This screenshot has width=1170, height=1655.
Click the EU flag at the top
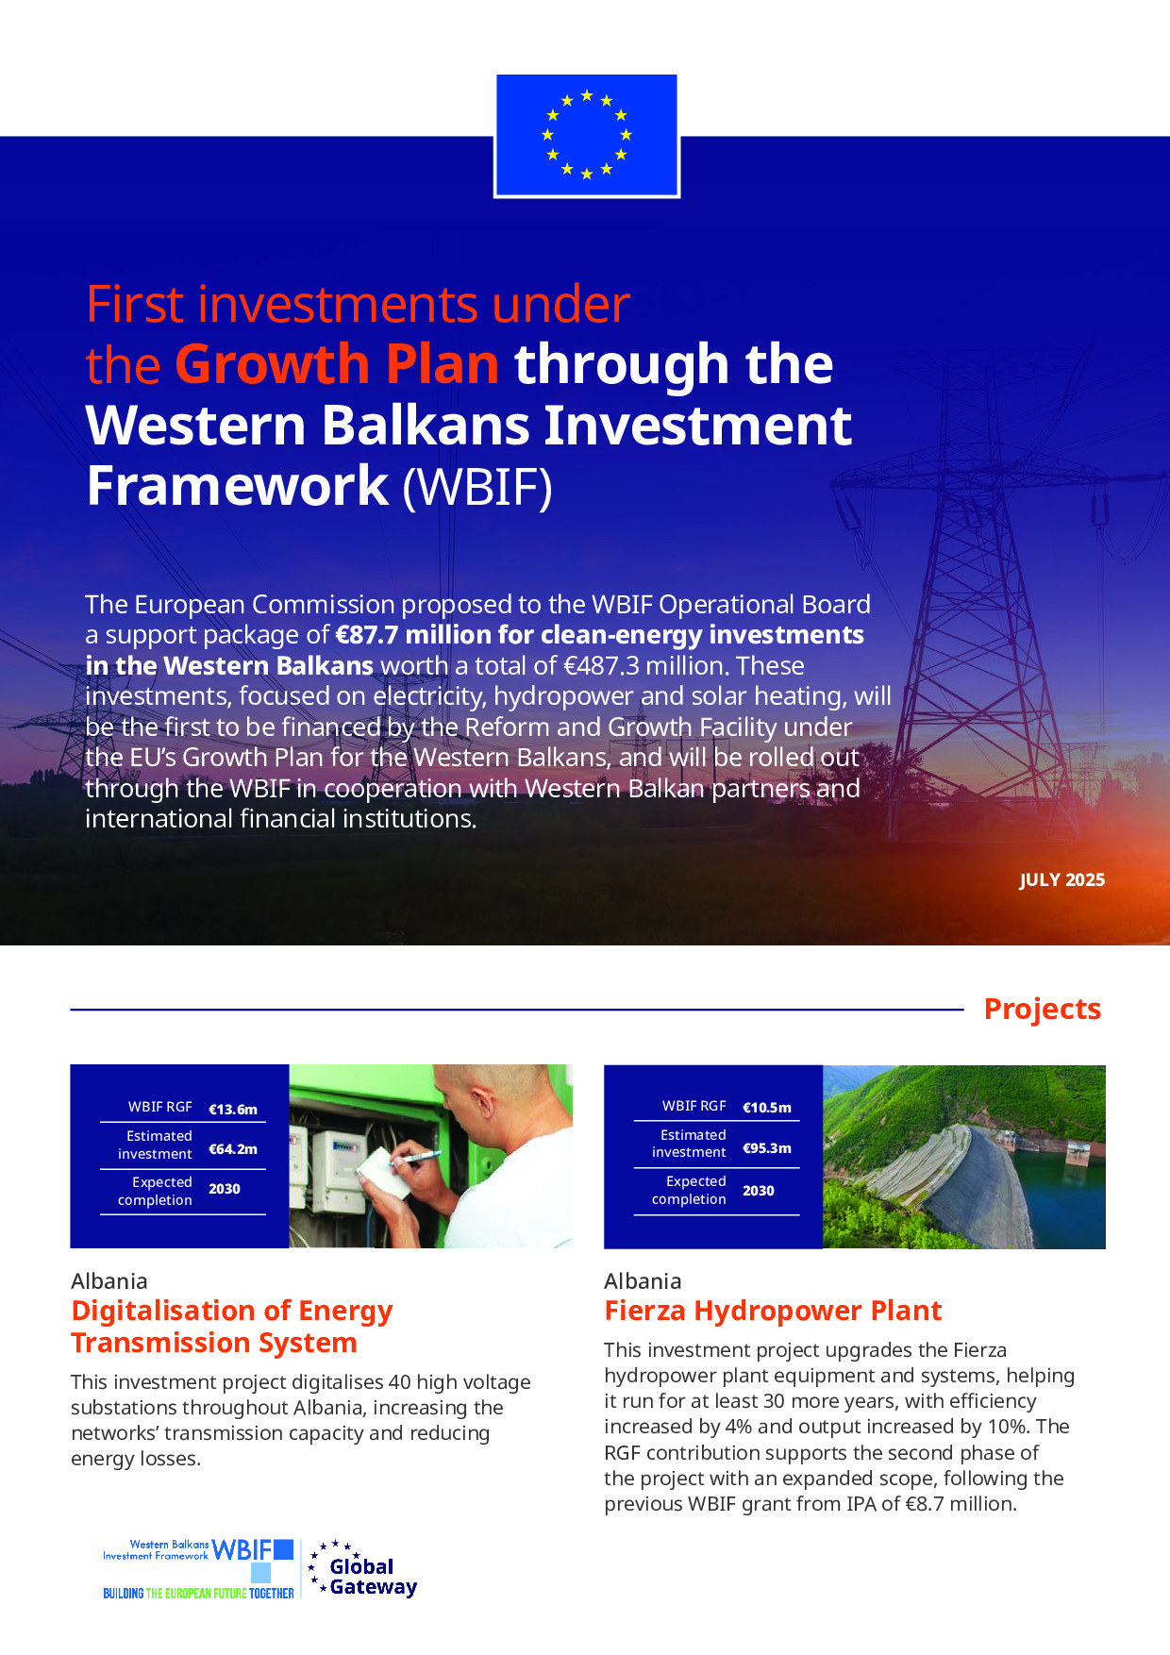587,136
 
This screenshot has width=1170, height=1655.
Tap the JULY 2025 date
1061,880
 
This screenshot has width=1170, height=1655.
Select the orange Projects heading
1043,1009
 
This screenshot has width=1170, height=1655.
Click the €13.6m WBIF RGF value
233,1110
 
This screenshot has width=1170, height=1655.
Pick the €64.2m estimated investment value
233,1149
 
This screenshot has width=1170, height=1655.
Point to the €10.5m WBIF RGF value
767,1108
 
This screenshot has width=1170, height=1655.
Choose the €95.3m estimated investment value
767,1148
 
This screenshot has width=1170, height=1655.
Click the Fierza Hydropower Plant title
773,1311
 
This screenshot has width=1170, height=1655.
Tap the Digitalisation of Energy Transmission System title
232,1327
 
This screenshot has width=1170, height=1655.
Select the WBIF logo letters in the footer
242,1550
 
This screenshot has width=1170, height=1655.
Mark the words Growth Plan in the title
337,364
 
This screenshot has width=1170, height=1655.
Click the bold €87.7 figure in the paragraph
366,635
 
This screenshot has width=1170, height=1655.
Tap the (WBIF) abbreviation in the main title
477,487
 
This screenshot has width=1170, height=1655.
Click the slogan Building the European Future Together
198,1593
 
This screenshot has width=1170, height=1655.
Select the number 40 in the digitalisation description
400,1382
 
